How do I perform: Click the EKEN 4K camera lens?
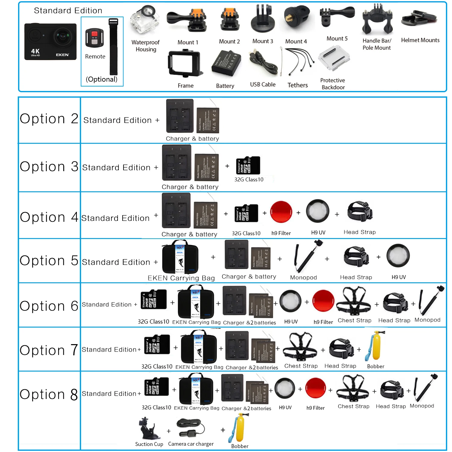[63, 37]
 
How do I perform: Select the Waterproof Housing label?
[146, 46]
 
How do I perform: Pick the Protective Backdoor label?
[333, 84]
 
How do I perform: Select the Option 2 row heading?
[49, 119]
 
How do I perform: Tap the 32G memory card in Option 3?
[248, 165]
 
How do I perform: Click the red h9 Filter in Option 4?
[281, 212]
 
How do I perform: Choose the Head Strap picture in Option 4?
[360, 212]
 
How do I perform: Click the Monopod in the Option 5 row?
[306, 256]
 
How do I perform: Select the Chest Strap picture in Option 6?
[354, 301]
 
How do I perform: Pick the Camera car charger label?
[191, 444]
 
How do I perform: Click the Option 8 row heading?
[49, 394]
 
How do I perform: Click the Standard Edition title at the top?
[68, 11]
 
